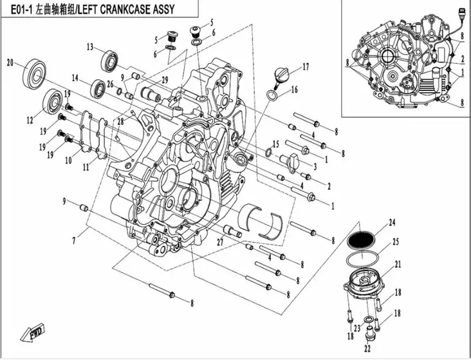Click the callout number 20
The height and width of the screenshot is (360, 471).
click(10, 62)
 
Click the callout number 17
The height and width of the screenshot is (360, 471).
click(306, 66)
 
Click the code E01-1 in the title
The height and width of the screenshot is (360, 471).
click(19, 11)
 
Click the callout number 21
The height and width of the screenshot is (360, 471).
click(397, 264)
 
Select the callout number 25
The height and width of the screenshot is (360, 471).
click(396, 243)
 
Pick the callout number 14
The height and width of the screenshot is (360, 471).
click(75, 78)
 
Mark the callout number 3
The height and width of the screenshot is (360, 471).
click(315, 166)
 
